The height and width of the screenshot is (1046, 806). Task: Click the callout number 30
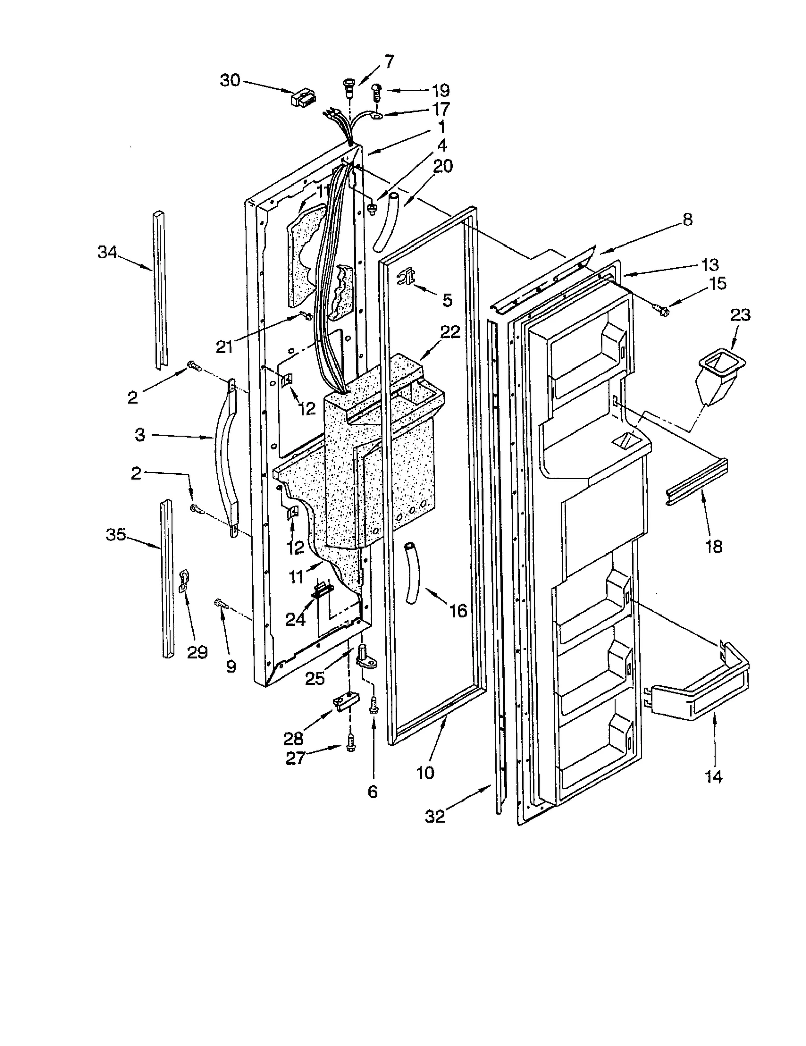(x=230, y=80)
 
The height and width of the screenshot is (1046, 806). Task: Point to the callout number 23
(x=740, y=315)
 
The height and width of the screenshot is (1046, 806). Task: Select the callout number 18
(x=714, y=546)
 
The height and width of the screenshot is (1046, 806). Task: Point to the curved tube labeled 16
(x=412, y=574)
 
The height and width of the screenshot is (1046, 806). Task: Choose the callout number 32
(x=435, y=817)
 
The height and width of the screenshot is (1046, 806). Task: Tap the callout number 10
(x=425, y=772)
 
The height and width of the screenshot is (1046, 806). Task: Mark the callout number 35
(x=116, y=535)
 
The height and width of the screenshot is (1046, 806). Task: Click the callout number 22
(x=450, y=332)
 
